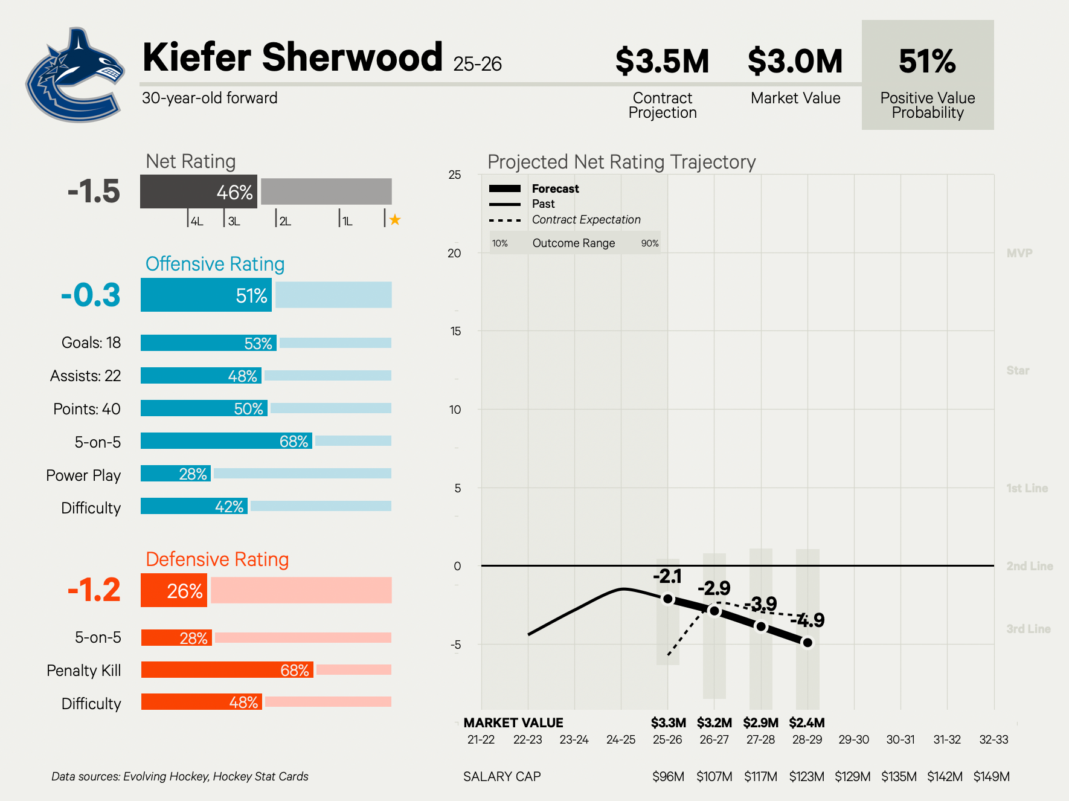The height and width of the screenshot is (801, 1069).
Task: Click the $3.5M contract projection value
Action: click(x=662, y=61)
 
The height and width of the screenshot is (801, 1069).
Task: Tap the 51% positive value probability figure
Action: click(x=927, y=61)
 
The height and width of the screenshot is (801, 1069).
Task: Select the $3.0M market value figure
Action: click(x=795, y=61)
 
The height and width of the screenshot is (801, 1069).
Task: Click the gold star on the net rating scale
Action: click(x=395, y=220)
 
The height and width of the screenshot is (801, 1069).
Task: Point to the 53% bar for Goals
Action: click(x=208, y=343)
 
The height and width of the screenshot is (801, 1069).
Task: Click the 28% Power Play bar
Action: click(x=175, y=474)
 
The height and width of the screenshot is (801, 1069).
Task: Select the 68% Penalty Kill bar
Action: click(x=227, y=670)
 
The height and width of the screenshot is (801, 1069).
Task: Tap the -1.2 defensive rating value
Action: click(x=94, y=590)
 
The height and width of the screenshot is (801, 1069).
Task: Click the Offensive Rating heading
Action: click(x=215, y=264)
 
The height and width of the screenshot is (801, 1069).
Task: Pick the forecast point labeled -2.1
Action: click(x=668, y=599)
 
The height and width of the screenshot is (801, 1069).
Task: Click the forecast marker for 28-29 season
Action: click(x=807, y=642)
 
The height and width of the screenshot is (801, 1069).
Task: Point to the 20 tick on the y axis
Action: click(x=454, y=253)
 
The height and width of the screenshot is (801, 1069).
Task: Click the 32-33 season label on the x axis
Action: click(x=994, y=739)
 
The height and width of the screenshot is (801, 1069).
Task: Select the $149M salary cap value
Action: click(x=991, y=776)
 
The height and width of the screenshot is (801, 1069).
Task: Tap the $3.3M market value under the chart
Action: click(x=668, y=722)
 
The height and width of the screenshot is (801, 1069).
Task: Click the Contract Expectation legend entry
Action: click(x=586, y=220)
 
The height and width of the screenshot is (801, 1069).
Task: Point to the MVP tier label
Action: click(x=1019, y=253)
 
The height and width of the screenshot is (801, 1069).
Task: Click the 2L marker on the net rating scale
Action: click(x=284, y=221)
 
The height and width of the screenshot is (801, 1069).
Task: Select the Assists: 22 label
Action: click(x=86, y=376)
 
